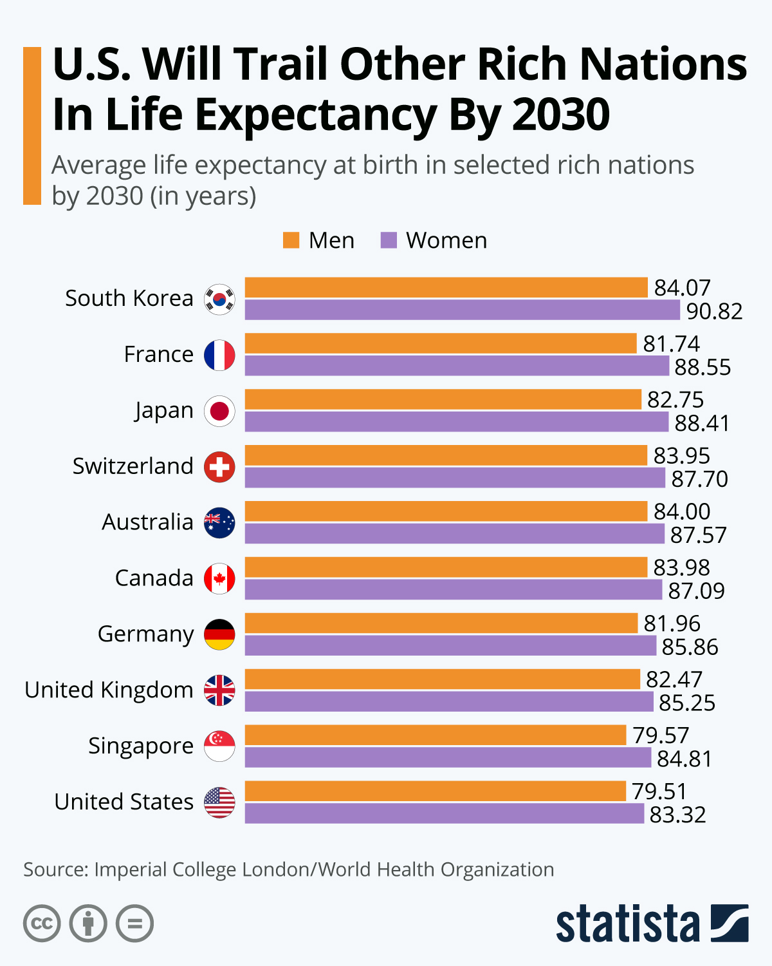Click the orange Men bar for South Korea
click(446, 287)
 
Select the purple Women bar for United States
click(444, 814)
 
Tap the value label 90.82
click(714, 312)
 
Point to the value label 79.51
click(659, 791)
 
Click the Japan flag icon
click(219, 411)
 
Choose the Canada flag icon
click(219, 578)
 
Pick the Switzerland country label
click(133, 466)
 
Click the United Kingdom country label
click(109, 690)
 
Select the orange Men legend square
click(291, 240)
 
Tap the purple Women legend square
click(389, 240)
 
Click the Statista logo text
click(627, 925)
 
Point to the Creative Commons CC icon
click(42, 923)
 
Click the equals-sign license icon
click(134, 923)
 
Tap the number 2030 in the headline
click(561, 115)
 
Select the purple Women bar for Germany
click(450, 646)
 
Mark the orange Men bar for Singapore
click(435, 735)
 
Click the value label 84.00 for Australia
click(682, 511)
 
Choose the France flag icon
click(219, 355)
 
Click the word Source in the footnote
click(54, 869)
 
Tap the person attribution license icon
click(88, 923)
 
